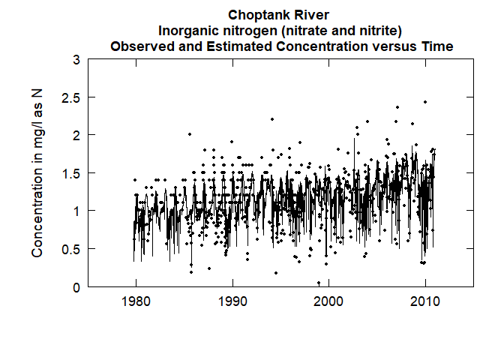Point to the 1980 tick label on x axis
tap(136, 302)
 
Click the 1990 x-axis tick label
tap(232, 302)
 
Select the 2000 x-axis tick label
tap(329, 302)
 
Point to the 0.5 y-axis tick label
tap(70, 249)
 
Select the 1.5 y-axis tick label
tap(70, 173)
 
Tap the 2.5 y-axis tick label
tap(70, 97)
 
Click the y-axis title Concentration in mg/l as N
tap(37, 173)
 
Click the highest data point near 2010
tap(424, 102)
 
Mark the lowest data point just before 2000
tap(319, 283)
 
